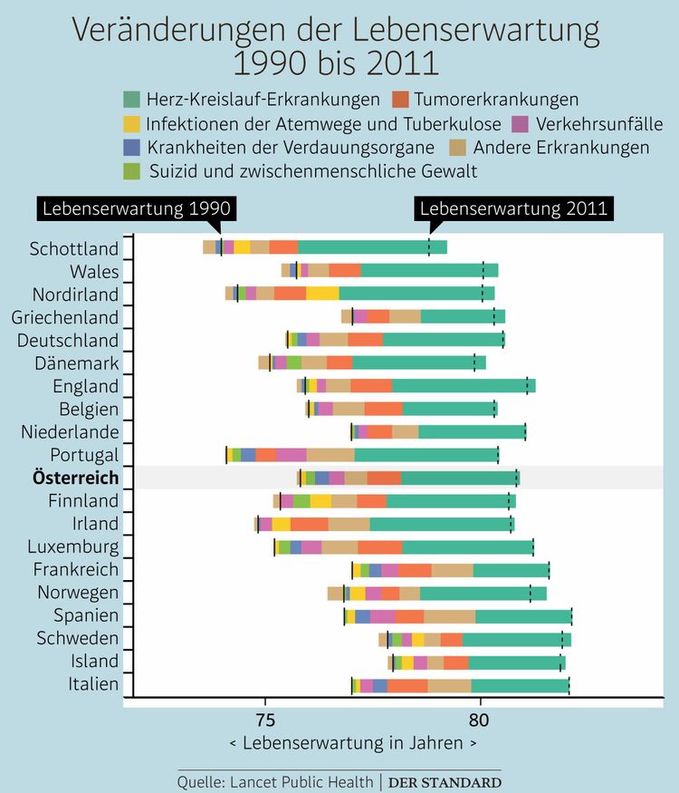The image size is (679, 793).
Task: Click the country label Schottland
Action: (74, 248)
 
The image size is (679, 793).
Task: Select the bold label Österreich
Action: (75, 478)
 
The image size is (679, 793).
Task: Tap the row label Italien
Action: (93, 684)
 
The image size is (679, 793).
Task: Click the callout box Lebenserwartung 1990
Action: (136, 208)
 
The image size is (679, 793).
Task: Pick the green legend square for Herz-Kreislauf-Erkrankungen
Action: (131, 100)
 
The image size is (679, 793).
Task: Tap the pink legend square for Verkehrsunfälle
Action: (520, 123)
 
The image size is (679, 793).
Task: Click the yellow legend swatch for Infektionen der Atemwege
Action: (131, 123)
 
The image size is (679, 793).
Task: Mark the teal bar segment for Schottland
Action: (372, 247)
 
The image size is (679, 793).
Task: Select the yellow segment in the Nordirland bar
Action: (322, 294)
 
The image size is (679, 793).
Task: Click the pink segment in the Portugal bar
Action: (292, 454)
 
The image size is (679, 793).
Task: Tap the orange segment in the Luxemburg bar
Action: (380, 546)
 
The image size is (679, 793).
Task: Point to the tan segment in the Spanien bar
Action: (449, 616)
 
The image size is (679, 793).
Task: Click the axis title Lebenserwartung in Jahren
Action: (354, 744)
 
